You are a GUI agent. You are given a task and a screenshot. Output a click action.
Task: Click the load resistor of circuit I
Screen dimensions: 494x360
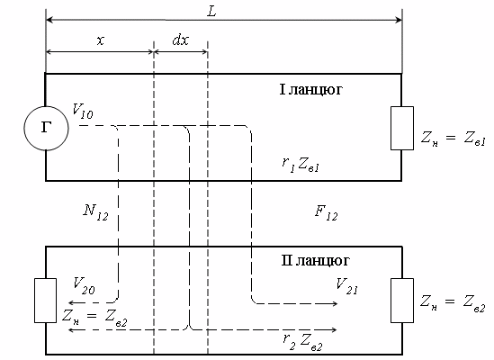coord(402,128)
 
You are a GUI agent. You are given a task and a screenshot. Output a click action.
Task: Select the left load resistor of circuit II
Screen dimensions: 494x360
coord(45,301)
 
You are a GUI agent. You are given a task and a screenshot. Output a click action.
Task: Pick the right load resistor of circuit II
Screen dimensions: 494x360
coord(402,301)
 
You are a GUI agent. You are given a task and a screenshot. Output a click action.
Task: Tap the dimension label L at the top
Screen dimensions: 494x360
coord(212,12)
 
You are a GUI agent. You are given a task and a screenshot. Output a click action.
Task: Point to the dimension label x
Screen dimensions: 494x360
coord(100,40)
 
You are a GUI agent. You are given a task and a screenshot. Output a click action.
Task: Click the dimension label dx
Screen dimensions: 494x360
coord(181,40)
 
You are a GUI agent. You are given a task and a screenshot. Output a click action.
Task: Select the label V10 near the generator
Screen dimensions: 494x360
coord(83,111)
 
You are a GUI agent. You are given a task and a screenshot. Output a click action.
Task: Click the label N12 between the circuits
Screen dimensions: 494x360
coord(95,212)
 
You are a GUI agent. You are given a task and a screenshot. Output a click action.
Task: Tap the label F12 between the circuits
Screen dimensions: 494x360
coord(326,212)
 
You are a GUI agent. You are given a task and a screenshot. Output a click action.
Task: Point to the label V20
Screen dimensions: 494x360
coord(84,285)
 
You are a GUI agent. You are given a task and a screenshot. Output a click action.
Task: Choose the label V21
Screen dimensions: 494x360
coord(346,286)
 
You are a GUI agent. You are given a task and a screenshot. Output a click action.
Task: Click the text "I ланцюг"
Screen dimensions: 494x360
coord(311,89)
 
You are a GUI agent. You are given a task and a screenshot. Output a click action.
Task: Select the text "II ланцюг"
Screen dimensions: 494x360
coord(315,261)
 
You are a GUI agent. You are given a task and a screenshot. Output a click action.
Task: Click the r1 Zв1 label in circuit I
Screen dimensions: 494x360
coord(301,165)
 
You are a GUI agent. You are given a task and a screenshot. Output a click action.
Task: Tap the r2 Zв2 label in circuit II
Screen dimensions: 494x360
coord(302,342)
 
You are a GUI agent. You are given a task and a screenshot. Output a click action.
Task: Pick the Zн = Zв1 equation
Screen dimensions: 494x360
coord(454,139)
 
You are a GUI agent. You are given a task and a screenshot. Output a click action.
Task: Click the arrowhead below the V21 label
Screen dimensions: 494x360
coord(335,303)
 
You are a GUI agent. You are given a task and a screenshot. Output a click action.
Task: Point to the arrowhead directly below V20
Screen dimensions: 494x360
coord(72,303)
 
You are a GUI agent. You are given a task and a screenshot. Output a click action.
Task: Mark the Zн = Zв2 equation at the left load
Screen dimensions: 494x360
coord(94,316)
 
